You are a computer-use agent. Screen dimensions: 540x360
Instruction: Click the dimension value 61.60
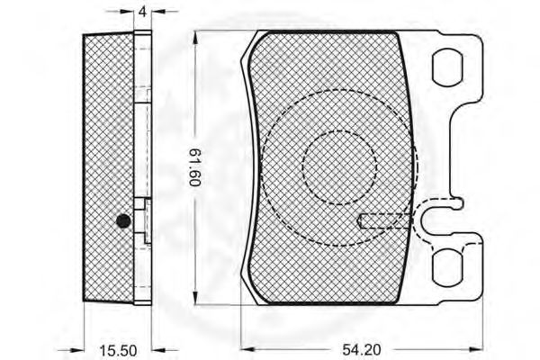point(195,167)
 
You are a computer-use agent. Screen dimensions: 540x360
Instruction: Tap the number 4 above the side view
point(142,12)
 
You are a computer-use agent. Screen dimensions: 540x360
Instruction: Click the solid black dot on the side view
point(123,220)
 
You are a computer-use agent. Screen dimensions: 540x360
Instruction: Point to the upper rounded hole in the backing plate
point(447,67)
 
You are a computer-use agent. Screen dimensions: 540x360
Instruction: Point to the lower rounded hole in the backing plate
point(447,267)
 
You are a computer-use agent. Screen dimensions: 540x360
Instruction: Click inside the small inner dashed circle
point(339,167)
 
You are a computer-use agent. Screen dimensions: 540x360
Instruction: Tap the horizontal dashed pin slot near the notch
point(384,220)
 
